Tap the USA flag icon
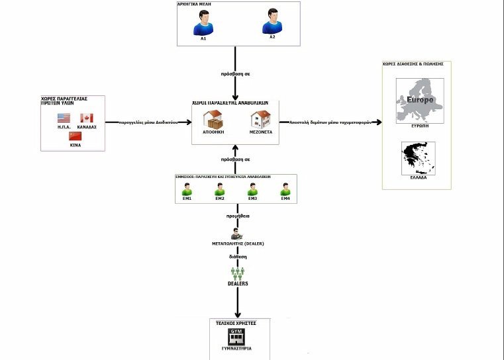(x=64, y=118)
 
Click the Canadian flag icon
(x=87, y=118)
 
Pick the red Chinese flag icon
(x=75, y=136)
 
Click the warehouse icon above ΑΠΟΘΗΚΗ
(x=213, y=119)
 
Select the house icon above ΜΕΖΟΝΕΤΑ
(x=259, y=119)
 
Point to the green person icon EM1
(x=187, y=189)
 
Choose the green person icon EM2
(x=220, y=189)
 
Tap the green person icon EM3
(x=252, y=189)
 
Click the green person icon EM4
(x=285, y=189)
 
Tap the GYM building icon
(x=236, y=336)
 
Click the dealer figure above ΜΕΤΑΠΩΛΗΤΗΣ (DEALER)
(x=236, y=234)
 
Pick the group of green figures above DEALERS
(x=238, y=272)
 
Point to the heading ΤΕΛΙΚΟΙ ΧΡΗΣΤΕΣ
(x=236, y=322)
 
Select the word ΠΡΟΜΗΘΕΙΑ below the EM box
(x=236, y=216)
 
